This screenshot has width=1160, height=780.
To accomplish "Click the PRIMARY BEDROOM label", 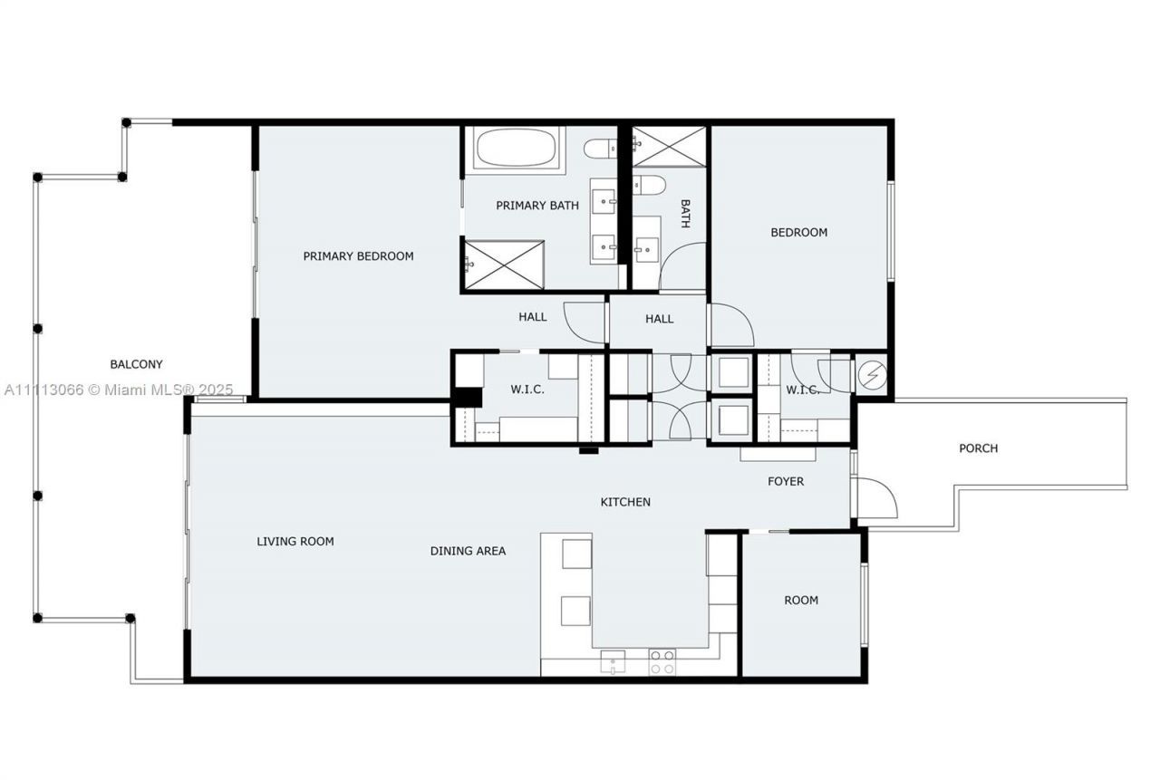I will click(358, 256).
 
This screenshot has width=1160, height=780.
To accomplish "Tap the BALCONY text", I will click(136, 364).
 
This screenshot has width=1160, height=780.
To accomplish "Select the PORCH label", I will click(978, 448).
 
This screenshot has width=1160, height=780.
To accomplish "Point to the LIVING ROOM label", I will click(295, 542).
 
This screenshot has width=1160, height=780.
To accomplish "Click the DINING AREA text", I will click(468, 551).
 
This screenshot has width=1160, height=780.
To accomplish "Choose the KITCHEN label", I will click(625, 502).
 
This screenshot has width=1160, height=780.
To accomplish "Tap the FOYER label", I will click(786, 481).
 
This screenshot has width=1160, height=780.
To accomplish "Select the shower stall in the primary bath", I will click(504, 265).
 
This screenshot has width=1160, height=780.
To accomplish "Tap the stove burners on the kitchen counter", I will click(662, 661).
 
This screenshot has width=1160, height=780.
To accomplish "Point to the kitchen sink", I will click(614, 661).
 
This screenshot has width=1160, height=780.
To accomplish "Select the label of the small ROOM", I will click(800, 600).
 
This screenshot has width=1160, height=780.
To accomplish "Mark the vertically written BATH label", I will click(685, 214).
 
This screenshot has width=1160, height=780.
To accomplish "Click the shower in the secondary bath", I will click(669, 147).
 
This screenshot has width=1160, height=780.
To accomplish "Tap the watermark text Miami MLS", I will click(119, 390).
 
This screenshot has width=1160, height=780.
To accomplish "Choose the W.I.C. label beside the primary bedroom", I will click(526, 390).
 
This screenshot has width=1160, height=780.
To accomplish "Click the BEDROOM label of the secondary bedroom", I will click(798, 232).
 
